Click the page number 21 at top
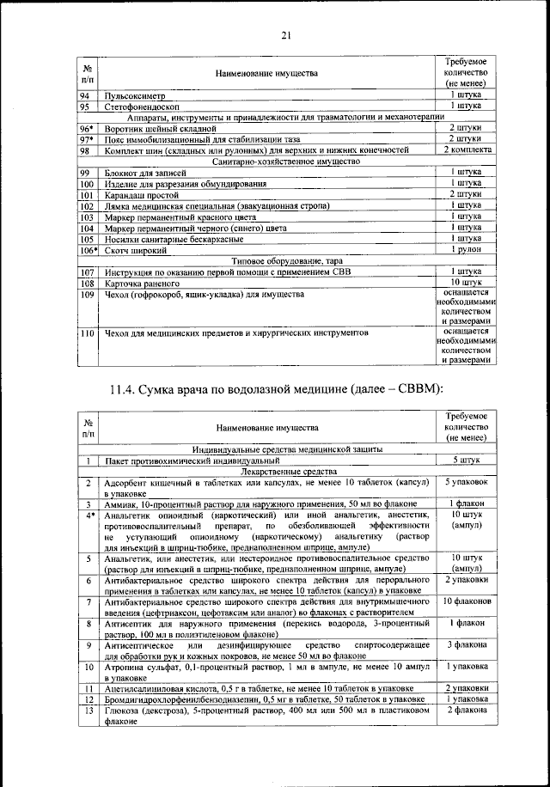pyautogui.click(x=285, y=34)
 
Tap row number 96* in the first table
pyautogui.click(x=87, y=128)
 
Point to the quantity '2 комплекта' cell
pyautogui.click(x=467, y=150)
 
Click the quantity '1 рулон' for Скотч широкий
pyautogui.click(x=467, y=249)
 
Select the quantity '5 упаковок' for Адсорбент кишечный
pyautogui.click(x=467, y=484)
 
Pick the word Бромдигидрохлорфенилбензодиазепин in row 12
pyautogui.click(x=179, y=699)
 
